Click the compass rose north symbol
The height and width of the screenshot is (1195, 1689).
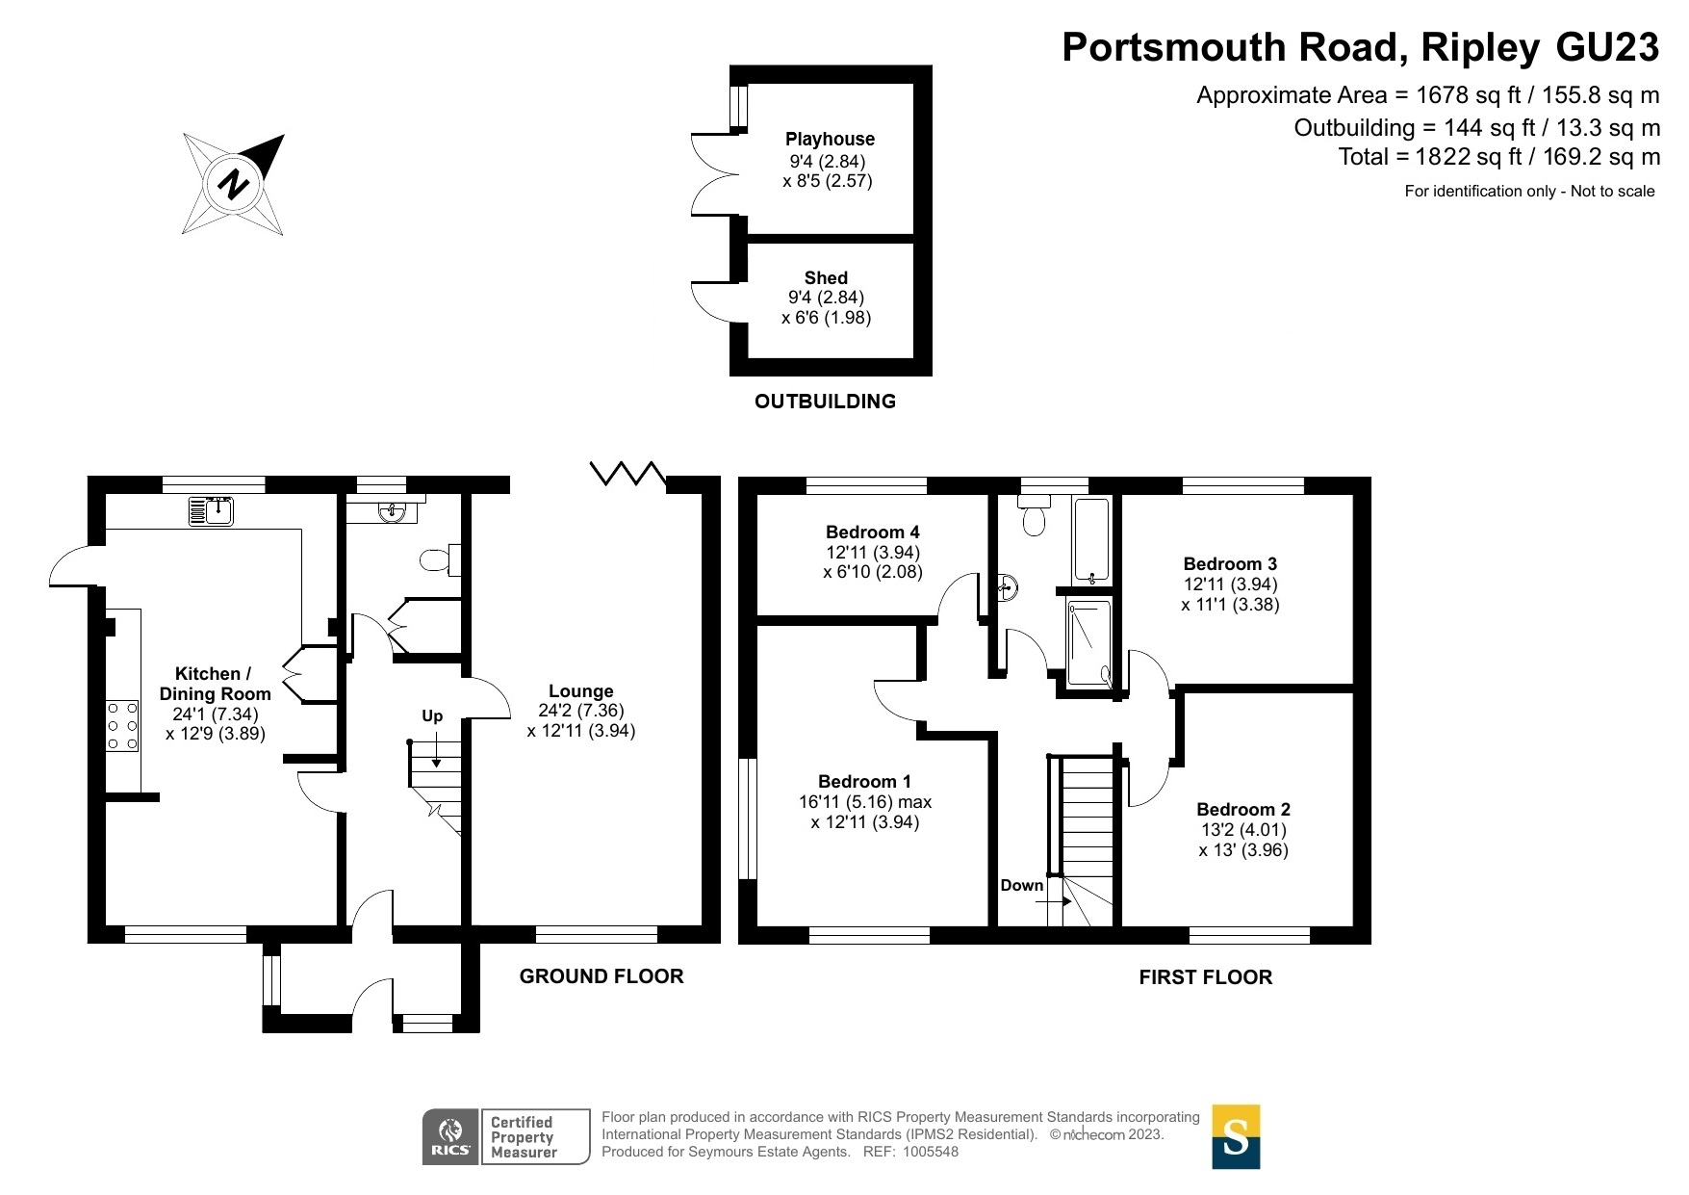pos(234,184)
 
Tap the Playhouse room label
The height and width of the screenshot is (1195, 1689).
pos(830,140)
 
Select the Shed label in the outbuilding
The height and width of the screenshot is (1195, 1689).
pos(826,278)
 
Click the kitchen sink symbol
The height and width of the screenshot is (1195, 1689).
pos(212,509)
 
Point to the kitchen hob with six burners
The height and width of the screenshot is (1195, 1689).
pos(122,725)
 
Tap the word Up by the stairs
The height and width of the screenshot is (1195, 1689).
pos(432,716)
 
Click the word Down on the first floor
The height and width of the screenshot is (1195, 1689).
pos(1022,886)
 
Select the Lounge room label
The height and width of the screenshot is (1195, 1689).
pos(581,691)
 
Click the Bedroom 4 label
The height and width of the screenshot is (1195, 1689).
pos(873,533)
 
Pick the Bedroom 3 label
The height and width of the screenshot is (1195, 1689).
pos(1230,564)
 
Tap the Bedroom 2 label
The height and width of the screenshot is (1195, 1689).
pos(1243,810)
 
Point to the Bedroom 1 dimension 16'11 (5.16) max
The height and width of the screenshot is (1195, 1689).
pos(865,802)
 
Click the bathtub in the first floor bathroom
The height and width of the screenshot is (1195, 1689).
pos(1092,541)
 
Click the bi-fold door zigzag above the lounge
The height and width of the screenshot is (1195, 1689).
pos(628,473)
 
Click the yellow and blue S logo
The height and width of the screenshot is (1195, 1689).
pos(1236,1137)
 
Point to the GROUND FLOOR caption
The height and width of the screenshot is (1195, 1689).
pos(601,976)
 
